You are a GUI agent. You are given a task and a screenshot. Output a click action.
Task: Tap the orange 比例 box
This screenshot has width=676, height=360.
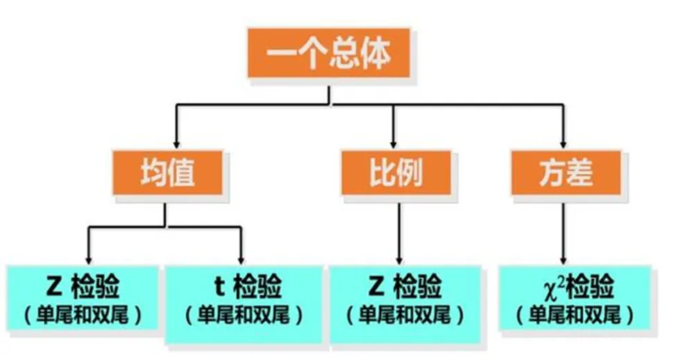point(392,171)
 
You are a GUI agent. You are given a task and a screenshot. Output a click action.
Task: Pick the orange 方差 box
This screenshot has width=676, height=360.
point(563,171)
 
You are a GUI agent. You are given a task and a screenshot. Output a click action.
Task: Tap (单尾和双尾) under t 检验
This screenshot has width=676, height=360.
point(245,315)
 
